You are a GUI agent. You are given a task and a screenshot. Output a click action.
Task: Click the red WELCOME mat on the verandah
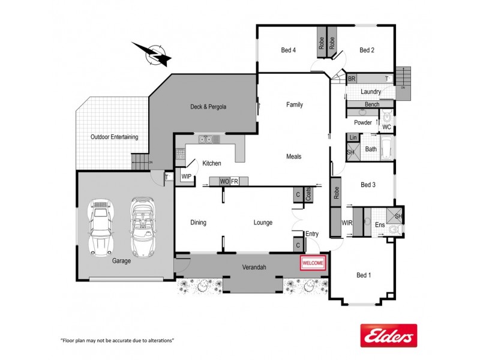point(313,263)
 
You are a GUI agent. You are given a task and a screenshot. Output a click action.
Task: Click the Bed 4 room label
point(289,50)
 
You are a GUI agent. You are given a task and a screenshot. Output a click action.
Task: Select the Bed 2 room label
point(367,50)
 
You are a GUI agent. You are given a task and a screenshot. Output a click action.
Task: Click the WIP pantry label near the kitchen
point(186,176)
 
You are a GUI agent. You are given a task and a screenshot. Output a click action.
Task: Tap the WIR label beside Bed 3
point(346,223)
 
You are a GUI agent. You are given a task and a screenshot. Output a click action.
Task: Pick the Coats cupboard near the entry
point(308,194)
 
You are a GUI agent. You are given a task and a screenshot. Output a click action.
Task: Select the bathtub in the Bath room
point(387,146)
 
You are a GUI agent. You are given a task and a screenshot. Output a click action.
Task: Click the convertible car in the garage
point(142,227)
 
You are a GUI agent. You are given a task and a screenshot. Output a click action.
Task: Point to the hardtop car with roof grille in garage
point(101,227)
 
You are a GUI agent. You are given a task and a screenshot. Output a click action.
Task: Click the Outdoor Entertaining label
point(114,137)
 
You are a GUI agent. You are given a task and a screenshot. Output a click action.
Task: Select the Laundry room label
point(371,92)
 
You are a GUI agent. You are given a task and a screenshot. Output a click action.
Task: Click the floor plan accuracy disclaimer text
point(118,340)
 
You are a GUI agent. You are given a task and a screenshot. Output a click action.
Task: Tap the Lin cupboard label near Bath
point(353,138)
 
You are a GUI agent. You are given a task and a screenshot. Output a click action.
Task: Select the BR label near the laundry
point(352,79)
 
